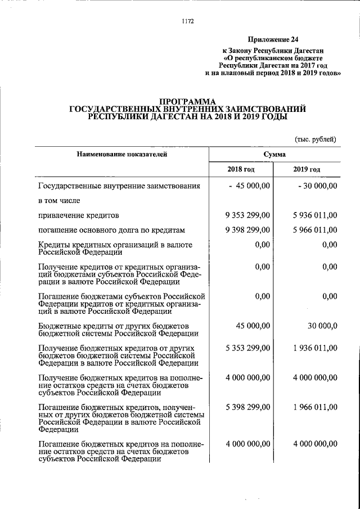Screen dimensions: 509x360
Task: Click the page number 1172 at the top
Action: (188, 21)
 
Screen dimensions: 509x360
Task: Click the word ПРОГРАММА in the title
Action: (186, 101)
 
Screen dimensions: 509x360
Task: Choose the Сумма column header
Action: (274, 154)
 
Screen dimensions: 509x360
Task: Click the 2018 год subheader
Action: (241, 169)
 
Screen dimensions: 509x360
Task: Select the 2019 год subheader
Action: (307, 169)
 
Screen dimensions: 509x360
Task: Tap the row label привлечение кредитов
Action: (78, 215)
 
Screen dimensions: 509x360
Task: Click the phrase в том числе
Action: (60, 200)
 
